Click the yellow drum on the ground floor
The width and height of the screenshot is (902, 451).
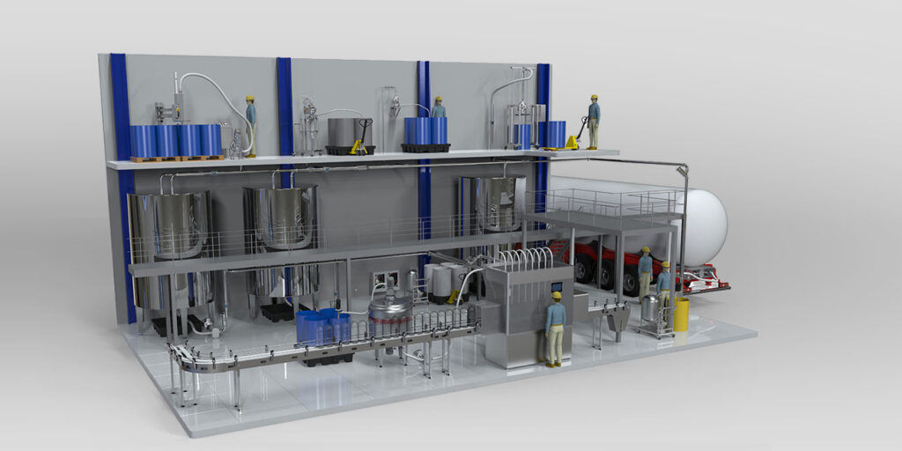681,314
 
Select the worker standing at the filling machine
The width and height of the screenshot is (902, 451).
555,329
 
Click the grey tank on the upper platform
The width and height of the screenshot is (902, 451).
344,132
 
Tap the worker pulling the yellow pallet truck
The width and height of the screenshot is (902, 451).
594,121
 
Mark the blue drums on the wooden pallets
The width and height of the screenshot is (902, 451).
176,140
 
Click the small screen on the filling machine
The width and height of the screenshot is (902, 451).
556,286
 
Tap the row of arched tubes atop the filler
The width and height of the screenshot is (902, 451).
524,259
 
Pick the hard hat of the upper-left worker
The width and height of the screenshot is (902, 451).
249,98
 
